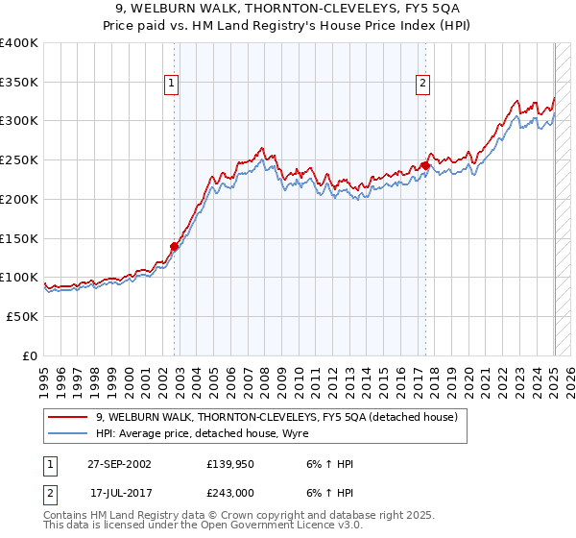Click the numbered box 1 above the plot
[172, 84]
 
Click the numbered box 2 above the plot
[422, 84]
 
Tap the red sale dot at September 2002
[175, 246]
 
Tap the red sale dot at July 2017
[425, 165]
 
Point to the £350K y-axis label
[19, 82]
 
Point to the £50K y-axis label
[22, 316]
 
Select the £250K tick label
[19, 159]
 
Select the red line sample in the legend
[68, 417]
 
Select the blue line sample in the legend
[68, 433]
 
